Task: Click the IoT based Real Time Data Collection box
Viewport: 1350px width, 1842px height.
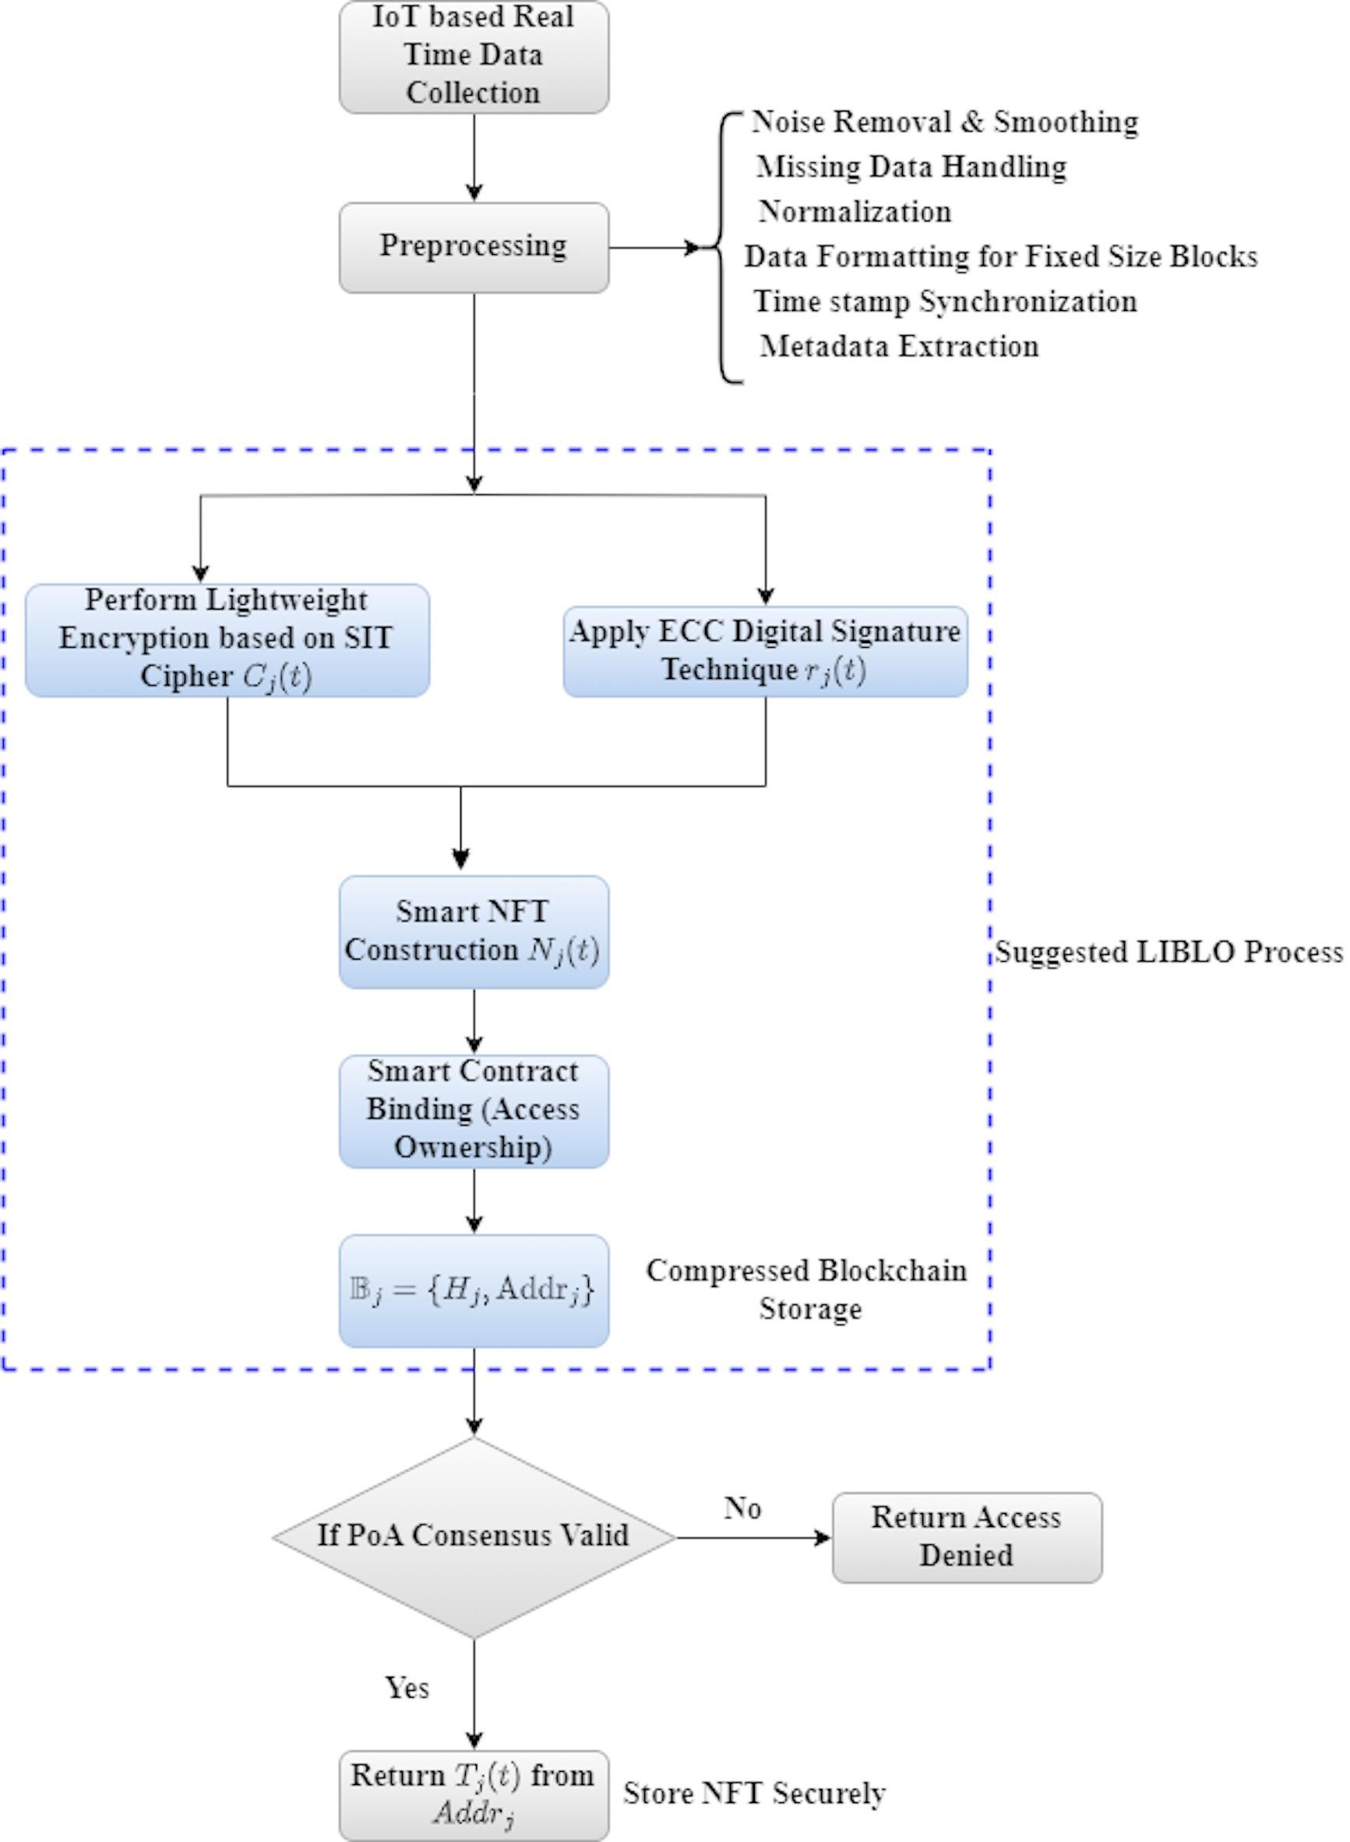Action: tap(473, 55)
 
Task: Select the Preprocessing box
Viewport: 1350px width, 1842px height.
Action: tap(473, 247)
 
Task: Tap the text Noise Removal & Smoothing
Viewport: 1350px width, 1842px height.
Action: tap(944, 122)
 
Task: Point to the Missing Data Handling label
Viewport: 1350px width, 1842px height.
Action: tap(911, 167)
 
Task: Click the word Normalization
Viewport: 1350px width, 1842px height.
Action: tap(854, 212)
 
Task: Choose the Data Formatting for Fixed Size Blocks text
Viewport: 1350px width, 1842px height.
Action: tap(1000, 256)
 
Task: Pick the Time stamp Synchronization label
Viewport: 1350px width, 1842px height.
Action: tap(944, 302)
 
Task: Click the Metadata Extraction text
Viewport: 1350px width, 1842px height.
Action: tap(899, 347)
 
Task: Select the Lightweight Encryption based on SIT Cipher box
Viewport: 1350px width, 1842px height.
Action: tap(227, 639)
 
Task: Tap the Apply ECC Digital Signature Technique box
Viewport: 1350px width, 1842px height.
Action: tap(765, 651)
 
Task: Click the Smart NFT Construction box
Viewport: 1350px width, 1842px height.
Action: tap(473, 932)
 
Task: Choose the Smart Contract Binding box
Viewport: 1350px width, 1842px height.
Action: tap(473, 1110)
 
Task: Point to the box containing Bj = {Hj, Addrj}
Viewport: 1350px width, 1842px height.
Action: tap(473, 1290)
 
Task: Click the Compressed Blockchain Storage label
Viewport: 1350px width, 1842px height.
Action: tap(807, 1289)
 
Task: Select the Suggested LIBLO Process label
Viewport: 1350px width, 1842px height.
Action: tap(1168, 953)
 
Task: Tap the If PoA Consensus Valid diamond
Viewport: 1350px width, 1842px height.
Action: tap(473, 1536)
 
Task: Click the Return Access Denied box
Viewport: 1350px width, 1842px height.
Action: tap(966, 1536)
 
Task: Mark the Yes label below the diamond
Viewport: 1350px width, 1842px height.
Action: tap(406, 1688)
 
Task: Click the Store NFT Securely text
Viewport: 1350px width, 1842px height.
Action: tap(753, 1793)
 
